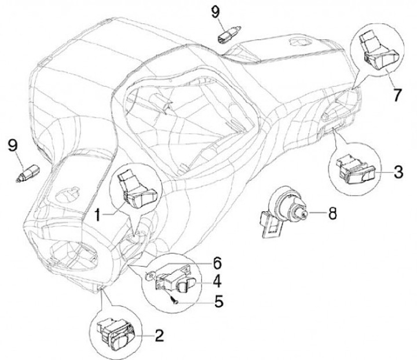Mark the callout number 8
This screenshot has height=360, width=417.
click(331, 214)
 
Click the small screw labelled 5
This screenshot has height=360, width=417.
click(172, 299)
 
